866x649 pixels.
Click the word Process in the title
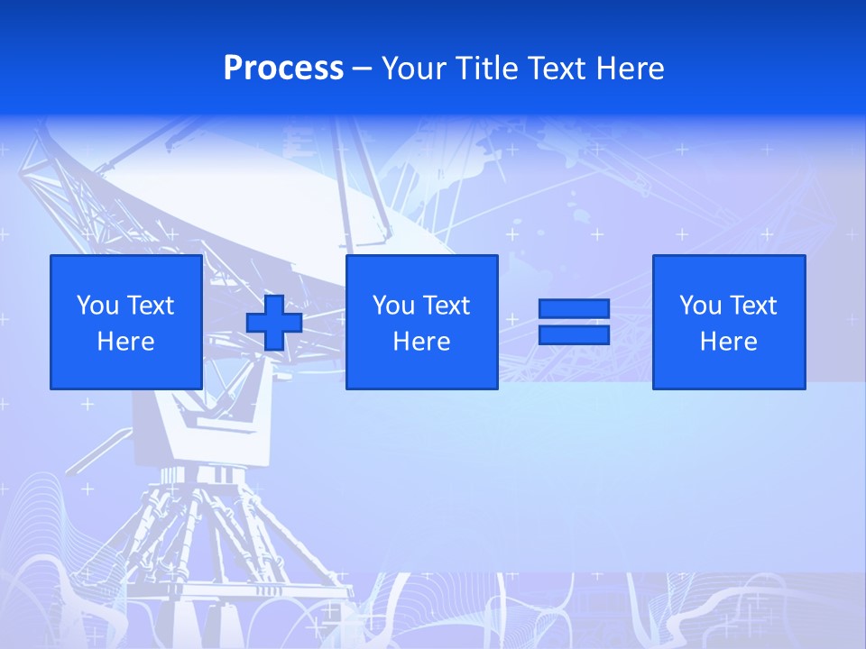283,69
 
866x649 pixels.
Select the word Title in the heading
486,69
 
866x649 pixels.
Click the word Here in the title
630,69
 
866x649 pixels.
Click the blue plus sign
274,323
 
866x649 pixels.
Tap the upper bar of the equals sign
574,308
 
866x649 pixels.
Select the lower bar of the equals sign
574,334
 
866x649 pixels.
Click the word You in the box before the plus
97,306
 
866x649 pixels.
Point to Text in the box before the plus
150,306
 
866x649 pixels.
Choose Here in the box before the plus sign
125,342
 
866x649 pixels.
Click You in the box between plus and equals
393,306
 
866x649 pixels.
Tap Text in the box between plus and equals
446,306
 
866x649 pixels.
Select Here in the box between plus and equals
421,342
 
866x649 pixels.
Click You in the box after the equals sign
700,306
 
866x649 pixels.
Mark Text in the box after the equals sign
752,306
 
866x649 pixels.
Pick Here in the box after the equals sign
728,342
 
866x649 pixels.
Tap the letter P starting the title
233,69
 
